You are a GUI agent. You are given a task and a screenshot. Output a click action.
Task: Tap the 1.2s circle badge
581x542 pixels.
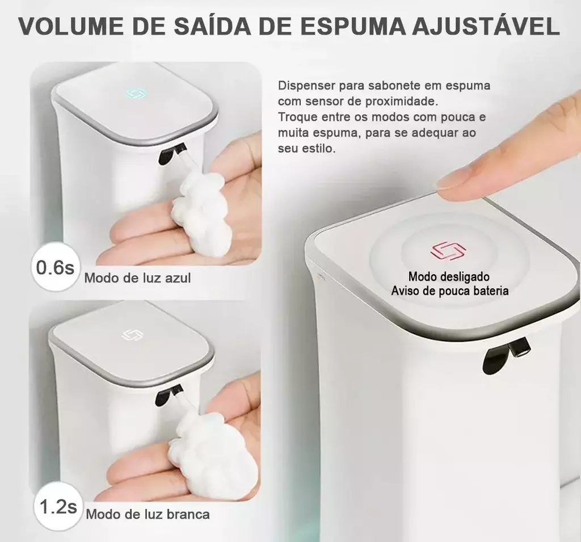pos(57,507)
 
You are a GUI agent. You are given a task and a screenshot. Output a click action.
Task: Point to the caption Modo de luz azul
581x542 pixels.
pos(137,278)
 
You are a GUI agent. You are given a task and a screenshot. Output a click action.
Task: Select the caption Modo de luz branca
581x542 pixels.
pos(148,514)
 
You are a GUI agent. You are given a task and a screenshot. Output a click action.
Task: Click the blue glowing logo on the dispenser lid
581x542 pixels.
pos(133,94)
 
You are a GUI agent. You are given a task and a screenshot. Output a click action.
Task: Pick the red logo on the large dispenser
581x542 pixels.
pos(448,251)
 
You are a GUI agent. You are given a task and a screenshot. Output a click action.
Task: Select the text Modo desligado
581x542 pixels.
pos(449,276)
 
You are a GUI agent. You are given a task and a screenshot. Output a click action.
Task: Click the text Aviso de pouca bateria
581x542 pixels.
pos(449,291)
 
